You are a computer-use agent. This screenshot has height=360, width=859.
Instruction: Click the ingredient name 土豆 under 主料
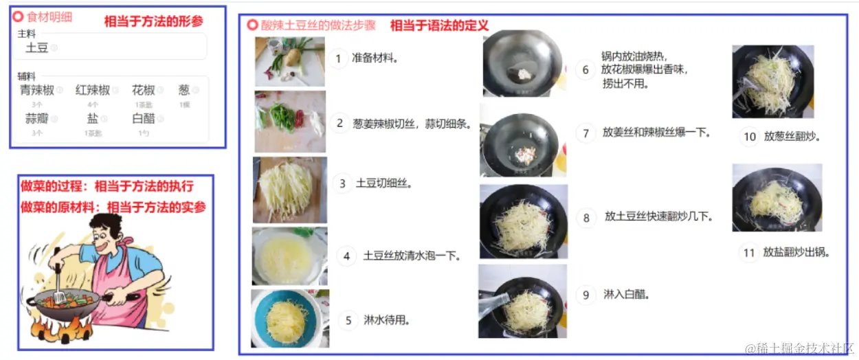point(36,47)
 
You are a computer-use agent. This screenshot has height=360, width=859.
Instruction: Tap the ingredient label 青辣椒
point(36,90)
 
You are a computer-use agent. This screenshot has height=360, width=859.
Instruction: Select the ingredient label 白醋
point(144,118)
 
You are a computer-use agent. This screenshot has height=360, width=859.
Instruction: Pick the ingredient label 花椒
point(144,90)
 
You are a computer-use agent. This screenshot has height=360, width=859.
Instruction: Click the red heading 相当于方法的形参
point(154,21)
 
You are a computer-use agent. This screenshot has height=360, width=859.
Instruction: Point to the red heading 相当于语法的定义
point(439,25)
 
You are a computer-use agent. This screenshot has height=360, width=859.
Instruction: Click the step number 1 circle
point(337,58)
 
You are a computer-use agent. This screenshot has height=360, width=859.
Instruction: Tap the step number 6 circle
point(585,69)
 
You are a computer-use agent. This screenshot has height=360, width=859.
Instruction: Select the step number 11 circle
point(749,252)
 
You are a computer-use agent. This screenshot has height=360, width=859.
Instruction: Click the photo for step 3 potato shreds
point(289,189)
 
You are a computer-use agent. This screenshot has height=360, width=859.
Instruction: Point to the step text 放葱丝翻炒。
point(792,136)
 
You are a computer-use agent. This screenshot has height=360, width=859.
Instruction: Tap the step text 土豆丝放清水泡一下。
point(411,256)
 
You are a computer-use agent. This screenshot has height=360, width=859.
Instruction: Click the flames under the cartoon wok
point(62,333)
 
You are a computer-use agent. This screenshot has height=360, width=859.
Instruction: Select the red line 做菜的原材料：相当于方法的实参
point(113,206)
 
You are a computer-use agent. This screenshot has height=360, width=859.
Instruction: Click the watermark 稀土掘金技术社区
point(800,348)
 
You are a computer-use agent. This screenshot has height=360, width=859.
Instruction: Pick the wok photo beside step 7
point(522,140)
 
